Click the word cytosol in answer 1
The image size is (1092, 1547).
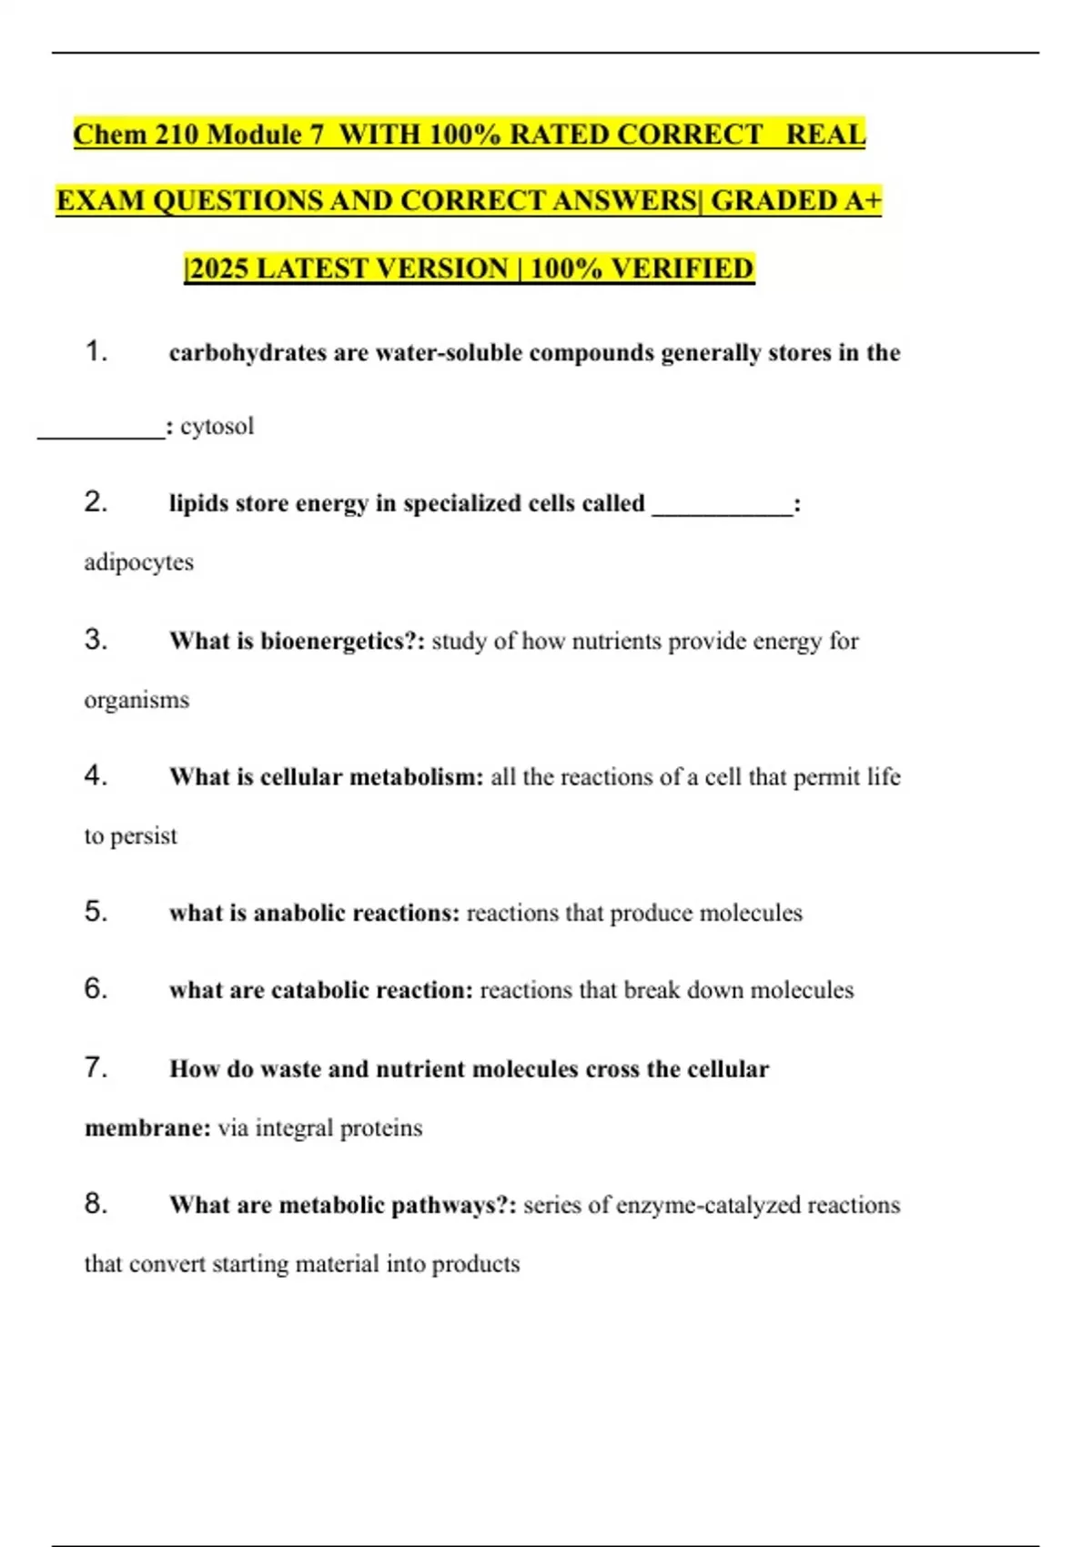(x=217, y=426)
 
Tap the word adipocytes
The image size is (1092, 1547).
(x=138, y=562)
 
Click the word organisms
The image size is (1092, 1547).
(x=136, y=700)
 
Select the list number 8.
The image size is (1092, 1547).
(x=96, y=1204)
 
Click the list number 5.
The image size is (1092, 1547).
(x=96, y=912)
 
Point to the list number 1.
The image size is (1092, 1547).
(x=96, y=351)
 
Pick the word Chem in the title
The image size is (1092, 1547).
(x=109, y=135)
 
